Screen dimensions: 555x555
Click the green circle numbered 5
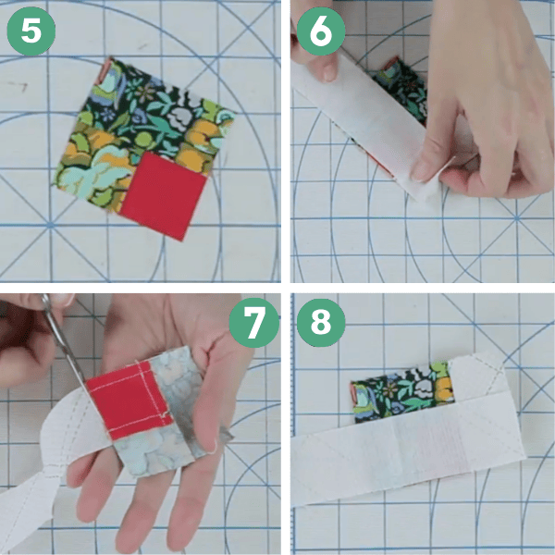point(31,31)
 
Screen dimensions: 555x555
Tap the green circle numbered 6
point(321,31)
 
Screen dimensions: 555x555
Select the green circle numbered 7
point(253,323)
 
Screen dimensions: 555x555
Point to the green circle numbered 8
point(321,323)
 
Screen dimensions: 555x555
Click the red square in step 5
point(163,196)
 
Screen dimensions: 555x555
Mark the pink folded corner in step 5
point(106,72)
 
